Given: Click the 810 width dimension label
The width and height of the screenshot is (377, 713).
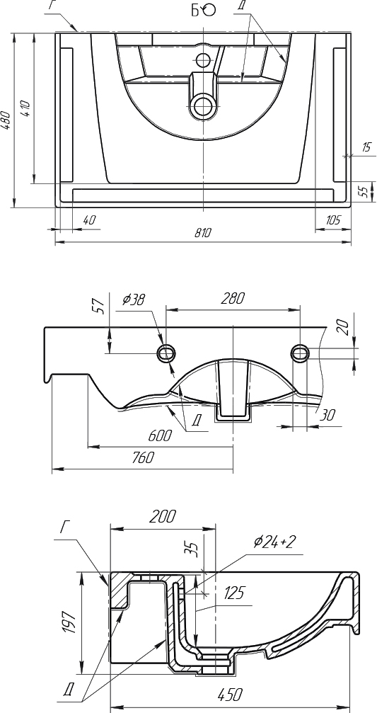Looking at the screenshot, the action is (x=203, y=233).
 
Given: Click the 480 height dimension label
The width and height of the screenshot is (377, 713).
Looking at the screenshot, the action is (x=6, y=121).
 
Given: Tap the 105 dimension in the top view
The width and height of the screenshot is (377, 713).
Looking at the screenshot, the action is (x=333, y=220).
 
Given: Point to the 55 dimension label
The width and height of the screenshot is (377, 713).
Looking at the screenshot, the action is (x=364, y=191).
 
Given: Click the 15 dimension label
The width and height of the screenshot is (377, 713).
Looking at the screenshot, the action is (x=366, y=147).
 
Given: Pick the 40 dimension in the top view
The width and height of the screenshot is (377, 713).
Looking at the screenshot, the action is (x=90, y=220).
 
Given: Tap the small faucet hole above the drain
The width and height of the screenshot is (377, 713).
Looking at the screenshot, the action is (x=202, y=59).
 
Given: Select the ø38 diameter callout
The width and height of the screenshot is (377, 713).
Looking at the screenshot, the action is (x=134, y=300).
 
